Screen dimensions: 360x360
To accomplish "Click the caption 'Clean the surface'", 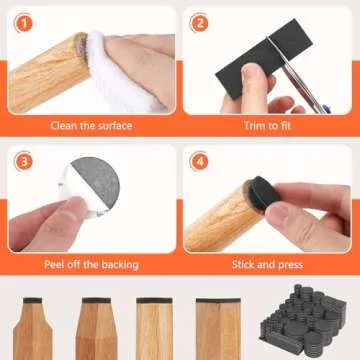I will point(90,126).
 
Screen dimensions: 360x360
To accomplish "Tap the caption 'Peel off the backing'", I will point(90,265).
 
